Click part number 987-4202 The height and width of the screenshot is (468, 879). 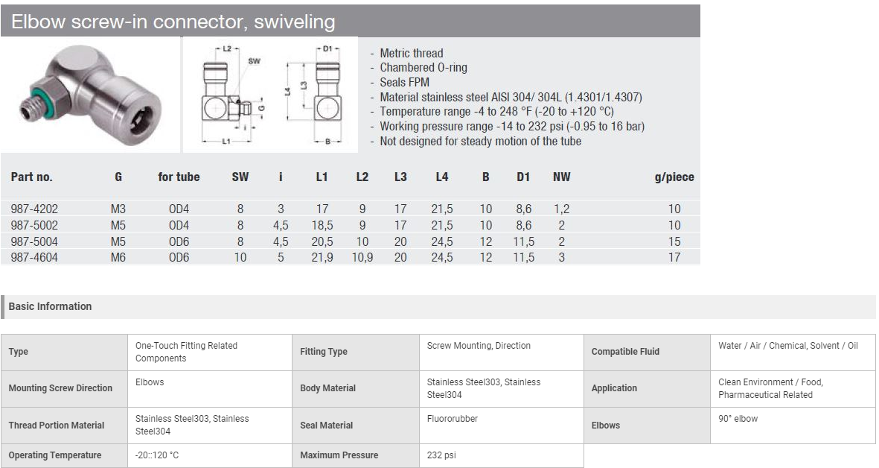(34, 209)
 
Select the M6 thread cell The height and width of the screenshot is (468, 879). (118, 258)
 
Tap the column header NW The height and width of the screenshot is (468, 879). (561, 177)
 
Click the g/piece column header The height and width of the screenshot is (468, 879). (674, 177)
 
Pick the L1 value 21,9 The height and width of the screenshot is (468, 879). (322, 258)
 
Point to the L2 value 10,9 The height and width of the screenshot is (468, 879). (362, 258)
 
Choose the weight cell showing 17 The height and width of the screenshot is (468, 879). (674, 258)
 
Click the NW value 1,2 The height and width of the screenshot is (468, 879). (561, 209)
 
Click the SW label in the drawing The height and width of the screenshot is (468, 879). (254, 60)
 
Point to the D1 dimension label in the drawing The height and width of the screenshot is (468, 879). (328, 49)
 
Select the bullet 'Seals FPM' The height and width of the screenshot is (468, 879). (404, 82)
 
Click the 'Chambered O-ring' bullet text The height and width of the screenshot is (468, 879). (423, 67)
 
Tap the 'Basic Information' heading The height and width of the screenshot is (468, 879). (50, 306)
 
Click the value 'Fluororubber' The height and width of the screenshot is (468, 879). (453, 419)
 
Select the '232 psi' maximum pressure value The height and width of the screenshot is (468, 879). (441, 455)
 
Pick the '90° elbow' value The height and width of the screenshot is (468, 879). (738, 419)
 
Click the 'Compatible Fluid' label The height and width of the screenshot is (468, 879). (625, 352)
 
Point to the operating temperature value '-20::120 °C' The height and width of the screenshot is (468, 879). (157, 455)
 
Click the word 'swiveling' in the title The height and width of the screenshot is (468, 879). (294, 22)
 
